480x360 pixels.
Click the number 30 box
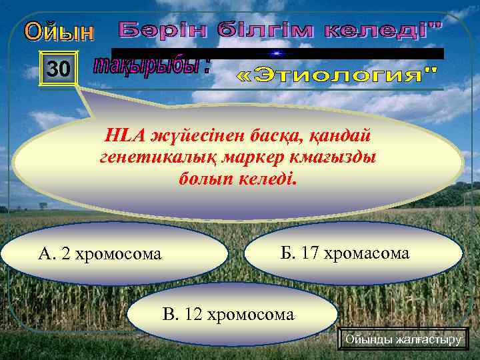(x=58, y=69)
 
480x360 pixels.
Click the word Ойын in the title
(x=61, y=31)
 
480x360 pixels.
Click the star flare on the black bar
(x=276, y=53)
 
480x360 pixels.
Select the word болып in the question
(x=208, y=179)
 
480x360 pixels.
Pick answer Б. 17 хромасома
(x=355, y=253)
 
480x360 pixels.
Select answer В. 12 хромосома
(x=228, y=313)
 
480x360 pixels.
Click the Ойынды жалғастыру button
(x=403, y=340)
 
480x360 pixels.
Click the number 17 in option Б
(x=310, y=253)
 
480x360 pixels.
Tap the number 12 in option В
(x=194, y=313)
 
